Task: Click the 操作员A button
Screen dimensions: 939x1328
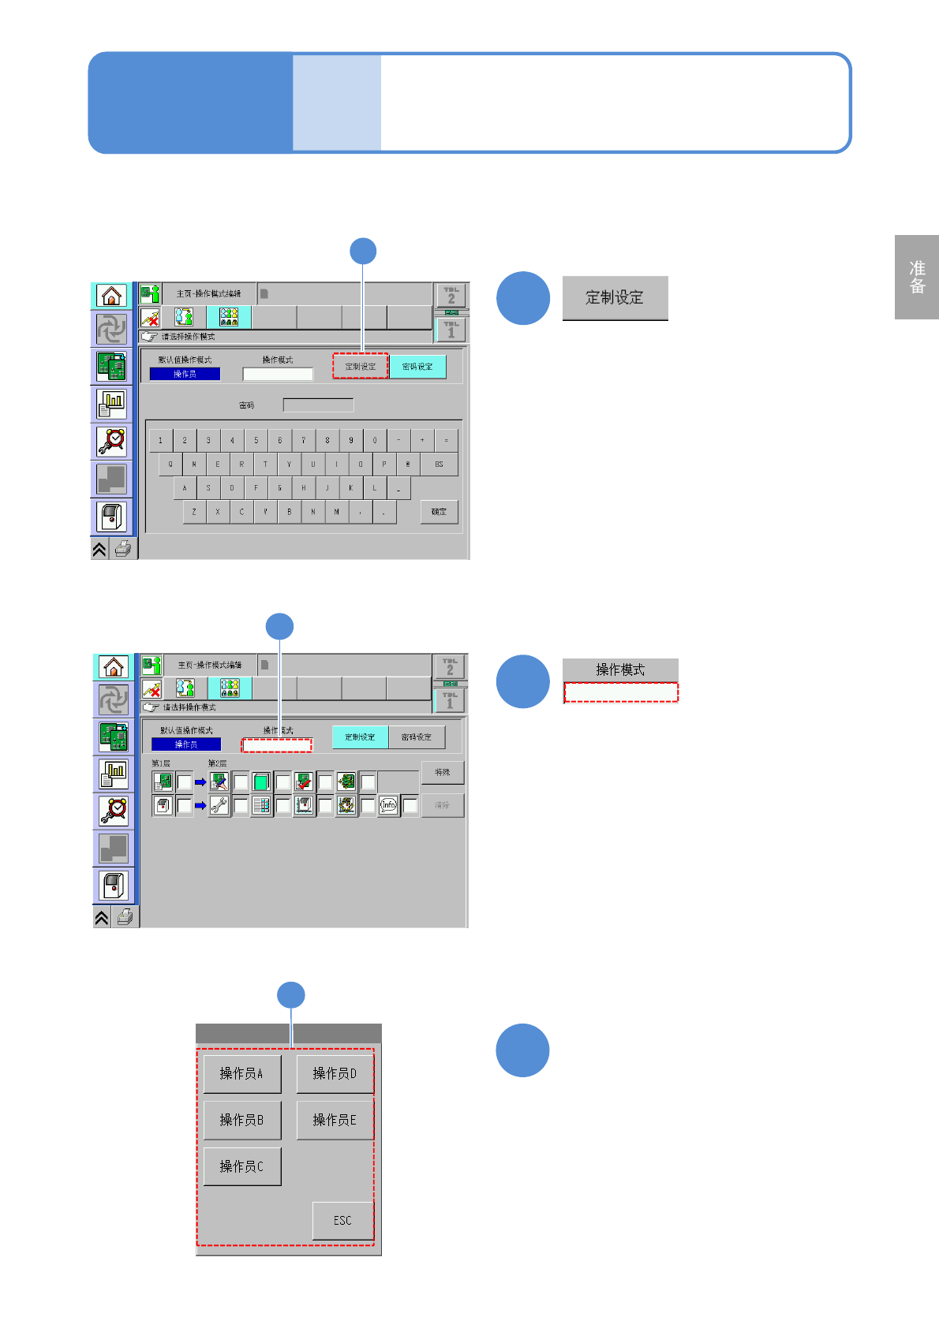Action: click(x=241, y=1073)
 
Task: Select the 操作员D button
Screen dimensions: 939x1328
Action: click(x=335, y=1073)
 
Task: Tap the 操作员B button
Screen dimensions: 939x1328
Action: click(x=241, y=1120)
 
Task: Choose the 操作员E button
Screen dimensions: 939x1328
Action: click(x=335, y=1120)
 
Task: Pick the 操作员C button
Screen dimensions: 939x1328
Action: click(x=241, y=1166)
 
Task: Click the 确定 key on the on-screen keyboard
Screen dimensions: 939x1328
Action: click(x=439, y=512)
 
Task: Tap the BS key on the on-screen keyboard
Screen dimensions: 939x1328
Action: click(x=439, y=464)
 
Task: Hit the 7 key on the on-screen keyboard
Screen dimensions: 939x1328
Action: click(x=304, y=441)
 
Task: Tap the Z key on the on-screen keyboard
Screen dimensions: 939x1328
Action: click(x=194, y=512)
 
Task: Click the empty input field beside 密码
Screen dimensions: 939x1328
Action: click(x=318, y=405)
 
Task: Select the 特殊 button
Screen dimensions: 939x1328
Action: click(x=442, y=772)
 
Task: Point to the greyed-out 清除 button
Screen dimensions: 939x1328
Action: click(x=442, y=805)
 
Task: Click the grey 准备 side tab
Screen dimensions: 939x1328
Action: click(x=917, y=277)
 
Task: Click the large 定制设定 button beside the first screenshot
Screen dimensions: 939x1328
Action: click(x=615, y=297)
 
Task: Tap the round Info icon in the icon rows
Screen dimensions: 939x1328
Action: click(x=388, y=805)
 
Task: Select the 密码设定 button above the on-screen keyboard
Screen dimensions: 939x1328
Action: click(x=417, y=367)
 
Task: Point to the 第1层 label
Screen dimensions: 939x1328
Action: click(x=161, y=763)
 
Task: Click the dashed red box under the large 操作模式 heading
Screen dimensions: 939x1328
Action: click(x=621, y=692)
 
